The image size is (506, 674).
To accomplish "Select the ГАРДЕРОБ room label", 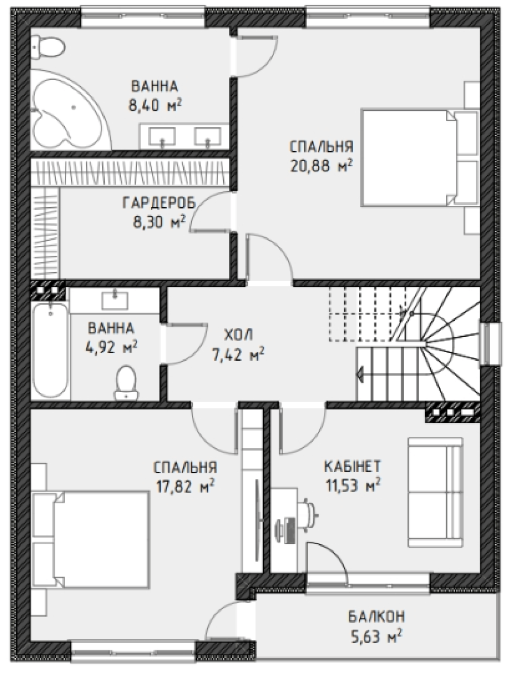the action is click(x=159, y=203).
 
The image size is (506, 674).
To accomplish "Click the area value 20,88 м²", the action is click(x=321, y=166).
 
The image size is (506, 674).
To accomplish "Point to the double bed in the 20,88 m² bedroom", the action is click(x=420, y=158).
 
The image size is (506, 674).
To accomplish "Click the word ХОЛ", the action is click(x=238, y=335).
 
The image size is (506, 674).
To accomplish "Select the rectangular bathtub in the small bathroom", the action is click(x=50, y=350).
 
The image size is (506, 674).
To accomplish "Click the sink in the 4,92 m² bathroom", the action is click(x=115, y=301).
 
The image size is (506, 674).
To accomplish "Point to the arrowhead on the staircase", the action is click(x=359, y=375).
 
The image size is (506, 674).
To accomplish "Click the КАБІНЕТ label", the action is click(x=353, y=466).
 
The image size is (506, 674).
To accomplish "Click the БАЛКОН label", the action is click(x=376, y=616).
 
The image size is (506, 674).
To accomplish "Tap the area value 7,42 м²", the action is click(x=238, y=354).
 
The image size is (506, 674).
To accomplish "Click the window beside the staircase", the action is click(x=492, y=344).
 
